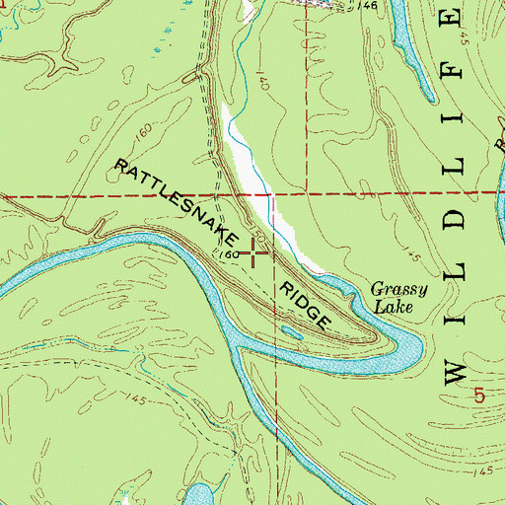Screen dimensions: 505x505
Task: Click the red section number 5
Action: (x=479, y=395)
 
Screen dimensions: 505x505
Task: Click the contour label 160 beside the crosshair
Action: (x=226, y=253)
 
